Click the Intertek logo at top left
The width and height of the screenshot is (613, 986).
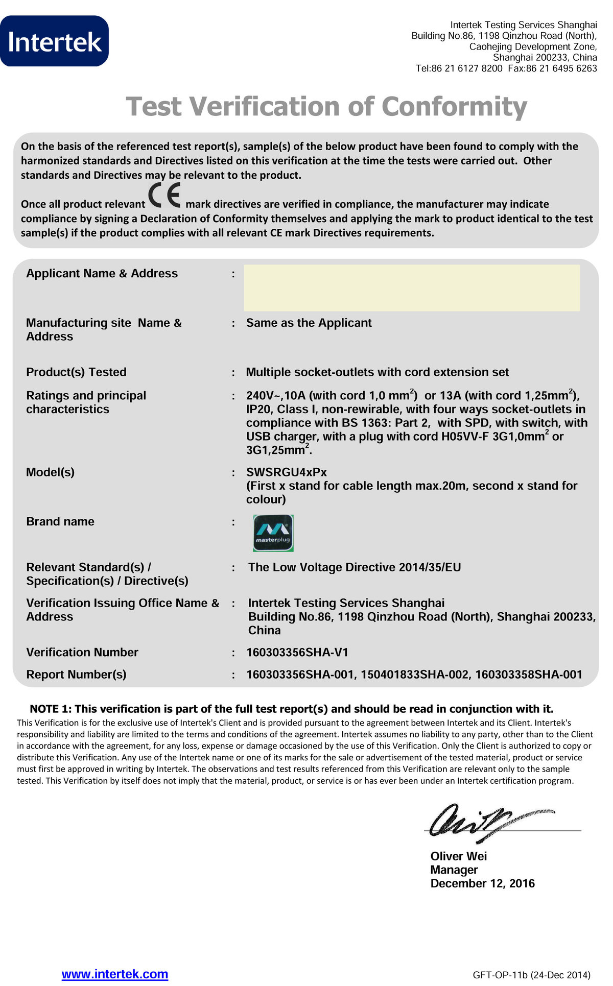[x=54, y=41]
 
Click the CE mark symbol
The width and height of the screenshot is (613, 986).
[x=164, y=196]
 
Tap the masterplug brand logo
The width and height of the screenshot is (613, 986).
[x=273, y=533]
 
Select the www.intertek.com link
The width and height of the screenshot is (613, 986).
[x=115, y=974]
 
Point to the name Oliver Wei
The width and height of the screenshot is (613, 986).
[x=458, y=856]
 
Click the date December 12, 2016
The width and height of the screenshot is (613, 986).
[x=482, y=883]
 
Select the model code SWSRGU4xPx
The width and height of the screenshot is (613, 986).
[x=286, y=472]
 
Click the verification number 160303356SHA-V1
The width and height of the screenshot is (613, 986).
[x=297, y=653]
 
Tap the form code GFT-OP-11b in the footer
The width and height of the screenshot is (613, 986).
[x=501, y=975]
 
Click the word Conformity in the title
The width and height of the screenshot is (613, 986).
[x=454, y=107]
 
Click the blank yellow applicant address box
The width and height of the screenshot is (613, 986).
[x=412, y=288]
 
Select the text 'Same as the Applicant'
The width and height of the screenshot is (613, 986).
[x=309, y=323]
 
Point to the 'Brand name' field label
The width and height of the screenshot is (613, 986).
[x=60, y=522]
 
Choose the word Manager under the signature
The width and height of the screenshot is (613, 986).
[x=454, y=870]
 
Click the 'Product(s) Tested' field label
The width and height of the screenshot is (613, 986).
[x=76, y=372]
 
